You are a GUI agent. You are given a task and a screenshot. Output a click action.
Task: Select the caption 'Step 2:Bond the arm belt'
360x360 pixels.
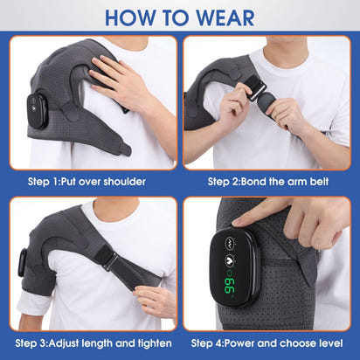coord(269,182)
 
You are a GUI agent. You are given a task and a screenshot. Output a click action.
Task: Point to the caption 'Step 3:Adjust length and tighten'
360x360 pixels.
coord(90,343)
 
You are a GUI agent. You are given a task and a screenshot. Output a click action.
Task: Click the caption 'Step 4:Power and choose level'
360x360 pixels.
coord(269,343)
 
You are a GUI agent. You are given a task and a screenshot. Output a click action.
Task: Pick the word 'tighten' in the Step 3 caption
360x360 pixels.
coord(149,343)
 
